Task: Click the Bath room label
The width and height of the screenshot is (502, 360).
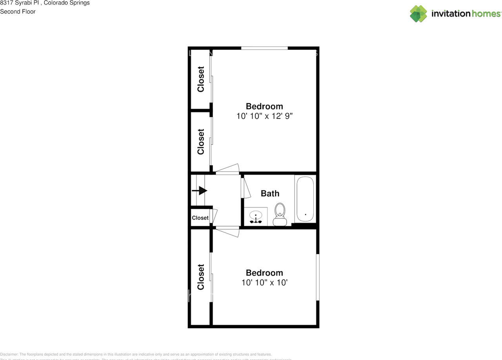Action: click(x=270, y=193)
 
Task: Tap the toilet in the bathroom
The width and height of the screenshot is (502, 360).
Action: click(x=280, y=215)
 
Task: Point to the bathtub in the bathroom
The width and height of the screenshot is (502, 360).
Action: click(x=305, y=199)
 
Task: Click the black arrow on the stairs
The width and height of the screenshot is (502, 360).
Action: click(x=200, y=191)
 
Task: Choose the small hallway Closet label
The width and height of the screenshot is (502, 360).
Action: click(x=200, y=218)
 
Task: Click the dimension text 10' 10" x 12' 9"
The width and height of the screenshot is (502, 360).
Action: click(x=264, y=116)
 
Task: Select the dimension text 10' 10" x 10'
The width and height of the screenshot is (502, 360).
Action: click(x=264, y=283)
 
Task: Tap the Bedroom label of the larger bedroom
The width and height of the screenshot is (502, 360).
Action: click(x=264, y=106)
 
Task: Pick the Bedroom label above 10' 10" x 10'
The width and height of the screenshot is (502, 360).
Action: click(x=264, y=273)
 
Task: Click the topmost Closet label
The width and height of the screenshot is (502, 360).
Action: click(x=201, y=79)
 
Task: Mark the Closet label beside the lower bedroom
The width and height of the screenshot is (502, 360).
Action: click(x=201, y=277)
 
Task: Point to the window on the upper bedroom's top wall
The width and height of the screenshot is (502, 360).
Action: click(x=264, y=48)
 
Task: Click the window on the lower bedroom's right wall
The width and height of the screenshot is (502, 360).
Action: click(x=318, y=277)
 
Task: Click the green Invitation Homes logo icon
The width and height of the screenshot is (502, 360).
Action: click(x=418, y=14)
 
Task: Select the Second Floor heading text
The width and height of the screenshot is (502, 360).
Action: click(x=18, y=11)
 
